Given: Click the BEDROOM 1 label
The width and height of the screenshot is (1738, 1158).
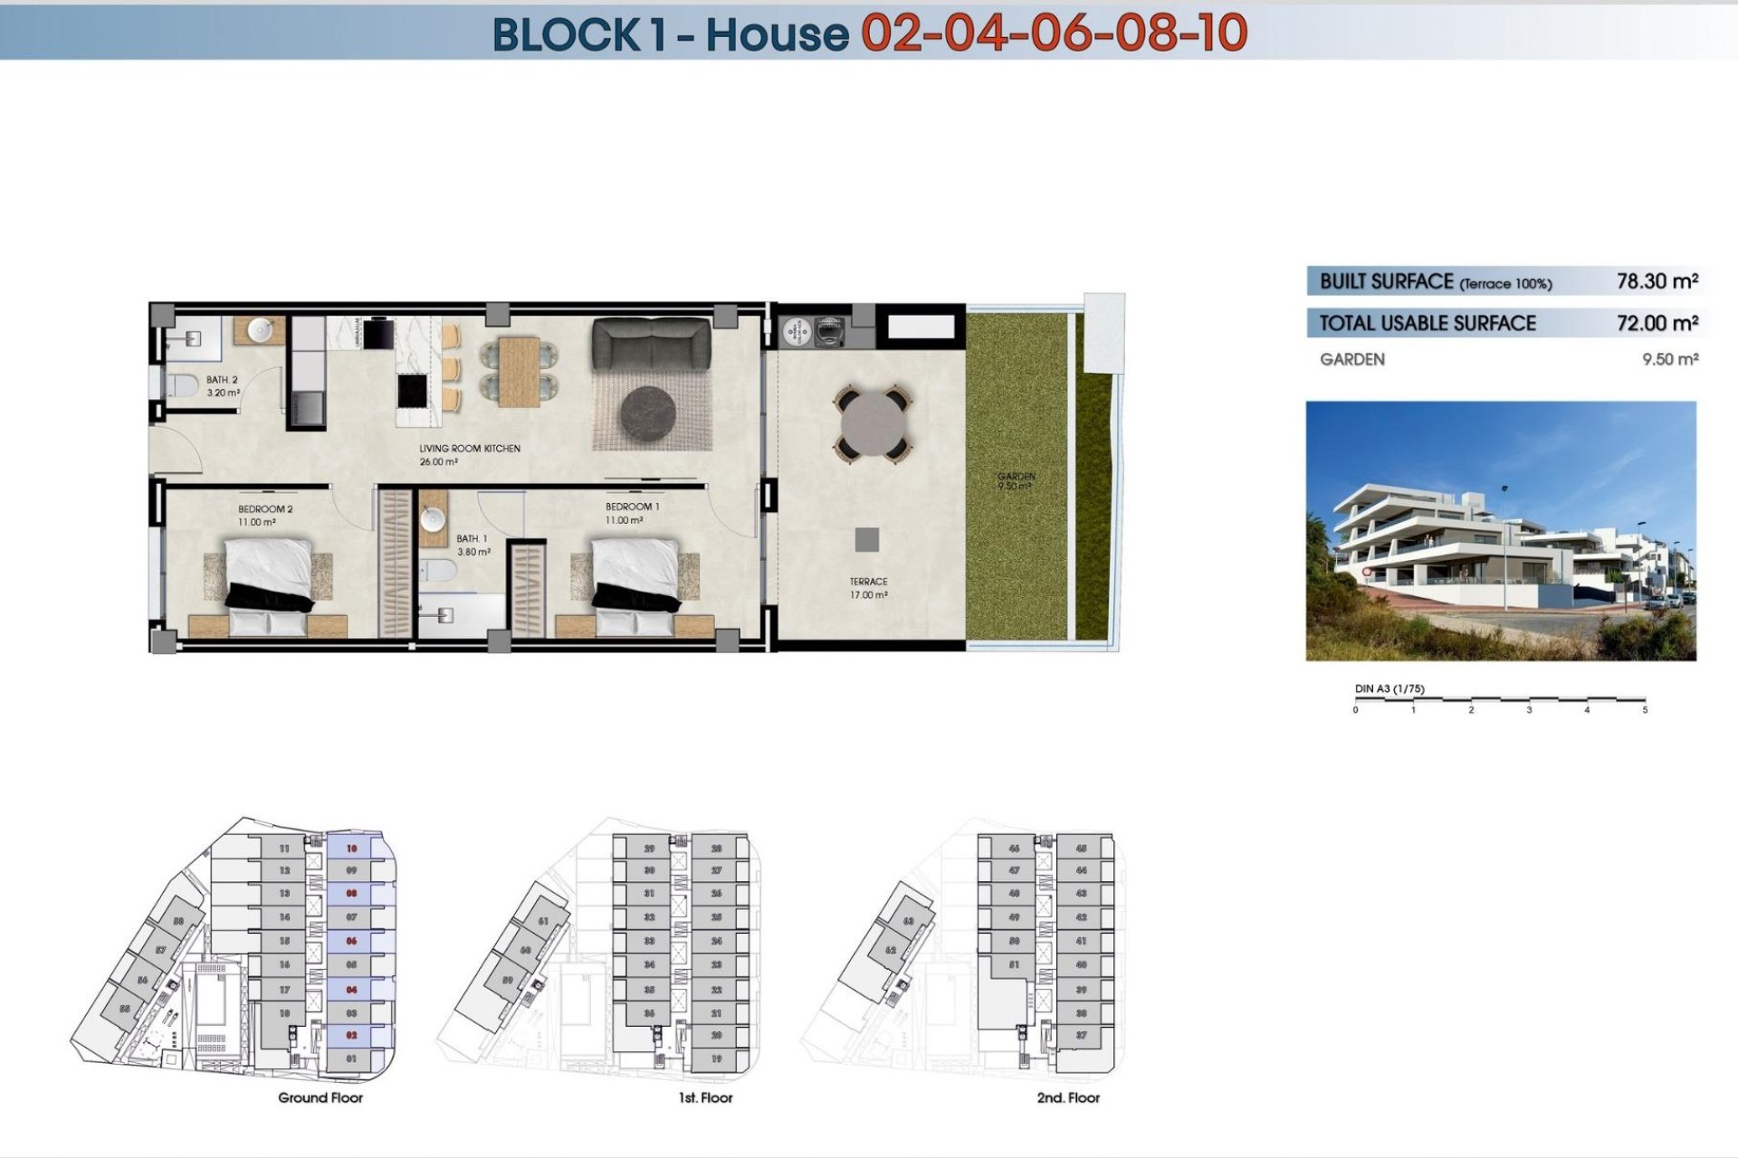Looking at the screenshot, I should tap(632, 507).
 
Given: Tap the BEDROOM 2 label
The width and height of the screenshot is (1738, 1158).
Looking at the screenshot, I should tap(265, 509).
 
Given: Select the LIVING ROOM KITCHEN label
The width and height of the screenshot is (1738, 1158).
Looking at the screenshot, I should tap(469, 449).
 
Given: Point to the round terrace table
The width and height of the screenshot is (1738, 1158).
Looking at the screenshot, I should tap(873, 423).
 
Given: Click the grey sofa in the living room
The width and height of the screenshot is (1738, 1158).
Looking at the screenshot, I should tap(651, 344).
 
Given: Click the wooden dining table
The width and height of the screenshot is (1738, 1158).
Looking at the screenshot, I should tap(519, 371).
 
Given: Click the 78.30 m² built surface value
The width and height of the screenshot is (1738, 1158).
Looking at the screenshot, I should tap(1657, 281).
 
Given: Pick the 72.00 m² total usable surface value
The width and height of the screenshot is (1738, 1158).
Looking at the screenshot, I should tap(1657, 323).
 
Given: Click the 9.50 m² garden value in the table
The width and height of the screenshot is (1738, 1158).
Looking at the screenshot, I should tap(1669, 359).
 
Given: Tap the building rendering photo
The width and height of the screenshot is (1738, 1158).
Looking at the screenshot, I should tap(1500, 531).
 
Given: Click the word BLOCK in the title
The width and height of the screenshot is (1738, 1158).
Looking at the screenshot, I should tap(566, 34).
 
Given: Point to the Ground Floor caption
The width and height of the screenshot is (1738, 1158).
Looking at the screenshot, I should tap(320, 1097).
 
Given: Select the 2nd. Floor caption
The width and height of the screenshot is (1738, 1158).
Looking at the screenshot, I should tap(1068, 1097).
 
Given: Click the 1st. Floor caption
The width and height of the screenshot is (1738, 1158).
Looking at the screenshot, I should tap(705, 1097).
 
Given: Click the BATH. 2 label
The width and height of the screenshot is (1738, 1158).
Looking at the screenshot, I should tap(222, 380).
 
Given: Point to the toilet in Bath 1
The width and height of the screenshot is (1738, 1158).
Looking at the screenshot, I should tap(441, 571).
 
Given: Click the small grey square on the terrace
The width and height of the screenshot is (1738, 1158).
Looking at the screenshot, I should tap(866, 540).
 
